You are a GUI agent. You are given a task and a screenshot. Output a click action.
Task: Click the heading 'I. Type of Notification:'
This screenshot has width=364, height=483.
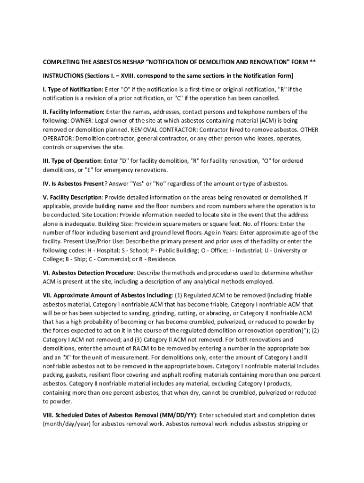point(73,90)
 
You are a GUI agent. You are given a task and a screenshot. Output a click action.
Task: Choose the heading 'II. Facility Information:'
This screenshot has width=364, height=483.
point(74,112)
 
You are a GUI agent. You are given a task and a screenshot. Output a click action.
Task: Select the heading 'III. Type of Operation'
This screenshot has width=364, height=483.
point(72,161)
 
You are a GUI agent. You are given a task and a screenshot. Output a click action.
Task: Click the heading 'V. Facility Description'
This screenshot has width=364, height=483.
point(72,197)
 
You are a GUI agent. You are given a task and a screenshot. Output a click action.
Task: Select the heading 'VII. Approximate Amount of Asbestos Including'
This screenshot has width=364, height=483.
point(108,296)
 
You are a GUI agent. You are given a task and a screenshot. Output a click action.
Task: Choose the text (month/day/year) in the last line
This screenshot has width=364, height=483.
point(68,424)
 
